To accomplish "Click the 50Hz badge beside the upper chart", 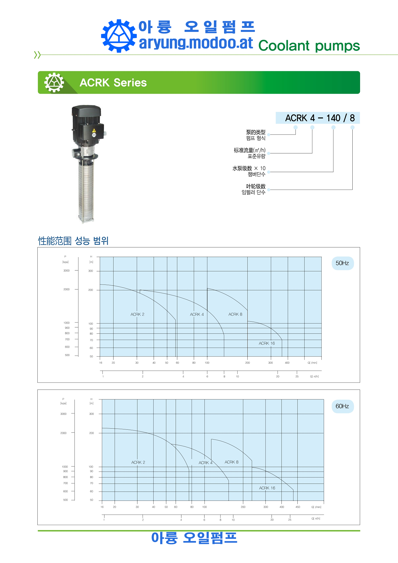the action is tap(342, 263).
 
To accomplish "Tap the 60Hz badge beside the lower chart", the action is tap(342, 406).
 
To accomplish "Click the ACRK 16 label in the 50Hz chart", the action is tap(267, 343).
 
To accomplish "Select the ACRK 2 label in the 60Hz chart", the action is tap(138, 462).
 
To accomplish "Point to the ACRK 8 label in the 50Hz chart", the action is tap(235, 314).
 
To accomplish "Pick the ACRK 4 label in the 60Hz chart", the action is tap(205, 463).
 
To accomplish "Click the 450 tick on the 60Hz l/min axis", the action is tap(298, 507).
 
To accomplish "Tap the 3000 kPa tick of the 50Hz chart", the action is tap(67, 271).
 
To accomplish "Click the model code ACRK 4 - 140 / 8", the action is tap(320, 118).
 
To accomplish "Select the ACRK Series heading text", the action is tap(113, 82).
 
